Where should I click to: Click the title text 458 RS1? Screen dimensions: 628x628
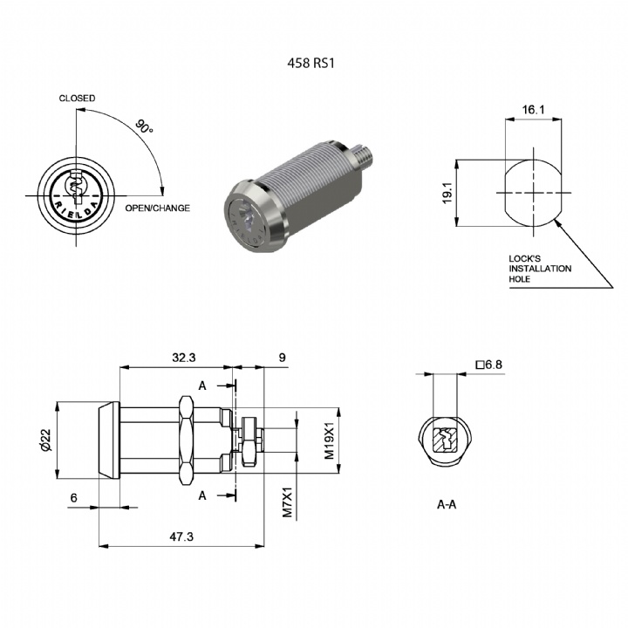[x=311, y=63]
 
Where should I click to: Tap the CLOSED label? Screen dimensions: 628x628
[x=77, y=98]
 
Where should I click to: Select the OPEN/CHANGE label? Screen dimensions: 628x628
[x=157, y=208]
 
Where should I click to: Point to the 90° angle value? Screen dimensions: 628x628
[x=144, y=126]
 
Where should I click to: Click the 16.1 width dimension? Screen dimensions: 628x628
[x=533, y=109]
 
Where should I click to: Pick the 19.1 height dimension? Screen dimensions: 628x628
[x=447, y=193]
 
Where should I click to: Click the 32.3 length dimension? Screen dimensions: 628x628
[x=184, y=358]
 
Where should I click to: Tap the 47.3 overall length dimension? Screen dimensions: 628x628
[x=181, y=536]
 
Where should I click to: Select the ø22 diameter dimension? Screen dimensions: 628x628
[x=45, y=440]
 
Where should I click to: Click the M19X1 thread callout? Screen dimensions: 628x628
[x=329, y=440]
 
